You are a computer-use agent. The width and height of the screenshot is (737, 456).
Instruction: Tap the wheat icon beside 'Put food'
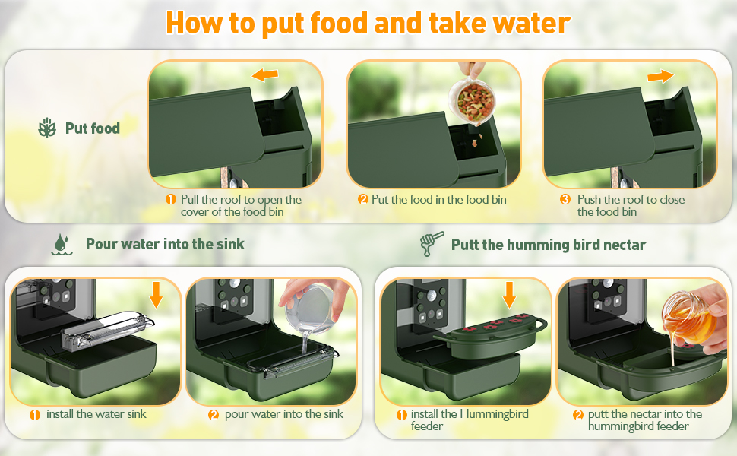pos(47,128)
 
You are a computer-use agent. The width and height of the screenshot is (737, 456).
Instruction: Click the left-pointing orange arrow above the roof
pos(264,74)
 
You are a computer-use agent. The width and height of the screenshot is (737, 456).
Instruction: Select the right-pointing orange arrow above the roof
pos(660,76)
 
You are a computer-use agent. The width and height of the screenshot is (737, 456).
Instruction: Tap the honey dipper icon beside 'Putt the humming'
pos(431,243)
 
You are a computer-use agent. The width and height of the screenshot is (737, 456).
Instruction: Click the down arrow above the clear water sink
pos(156,295)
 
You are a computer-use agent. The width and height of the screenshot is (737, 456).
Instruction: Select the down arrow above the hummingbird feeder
pos(509,295)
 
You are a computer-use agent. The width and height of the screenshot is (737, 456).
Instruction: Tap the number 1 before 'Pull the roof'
pos(171,199)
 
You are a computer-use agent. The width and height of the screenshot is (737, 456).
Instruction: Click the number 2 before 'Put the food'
pos(362,199)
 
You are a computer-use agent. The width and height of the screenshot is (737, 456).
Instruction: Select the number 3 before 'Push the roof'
pos(565,199)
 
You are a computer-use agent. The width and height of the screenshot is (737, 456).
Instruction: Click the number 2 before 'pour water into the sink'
pos(214,415)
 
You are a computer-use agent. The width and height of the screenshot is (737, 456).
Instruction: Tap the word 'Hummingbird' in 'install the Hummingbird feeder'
pos(494,414)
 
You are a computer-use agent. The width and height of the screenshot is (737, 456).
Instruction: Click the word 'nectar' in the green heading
pos(625,245)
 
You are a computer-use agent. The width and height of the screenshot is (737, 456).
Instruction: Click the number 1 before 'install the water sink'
pos(35,415)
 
